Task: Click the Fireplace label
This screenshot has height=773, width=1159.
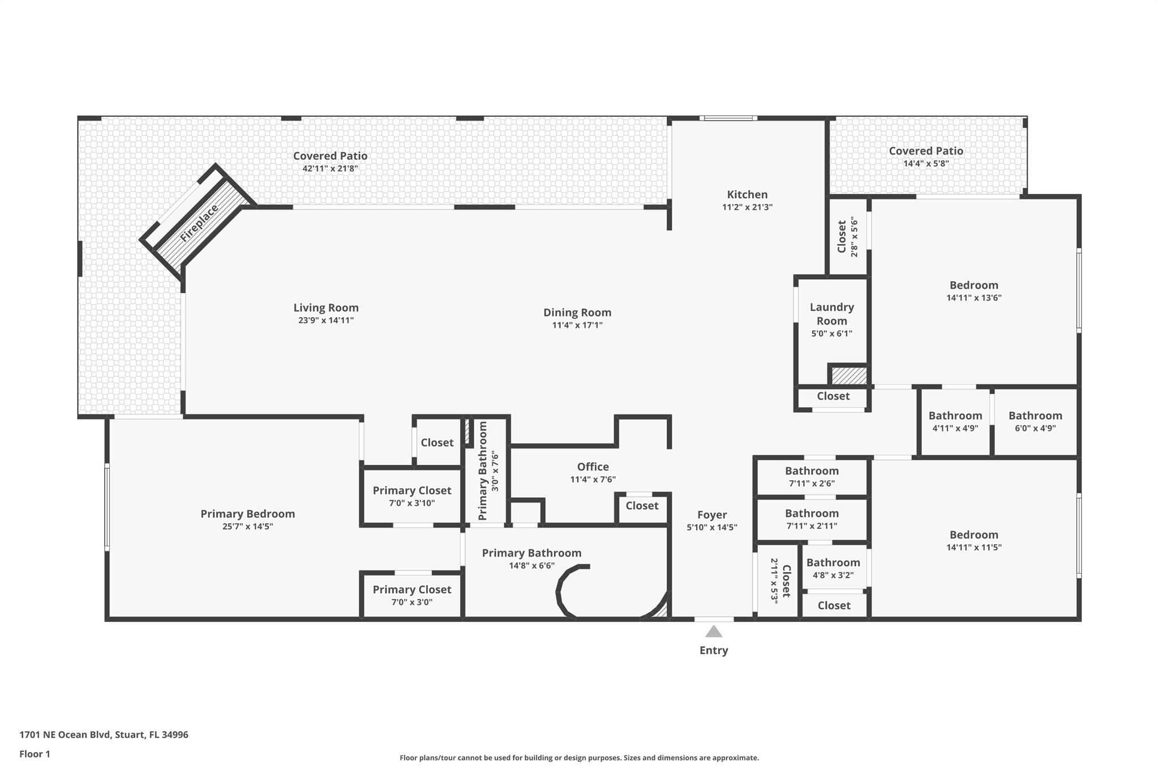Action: pos(199,224)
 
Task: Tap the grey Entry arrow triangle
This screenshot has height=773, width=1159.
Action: pos(714,631)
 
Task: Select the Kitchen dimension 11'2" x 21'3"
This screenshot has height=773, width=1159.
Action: pos(747,207)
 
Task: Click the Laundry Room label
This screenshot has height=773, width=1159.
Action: pos(831,314)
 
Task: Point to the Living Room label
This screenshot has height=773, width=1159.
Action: pos(326,308)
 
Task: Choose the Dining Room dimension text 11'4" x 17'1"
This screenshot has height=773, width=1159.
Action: pos(577,325)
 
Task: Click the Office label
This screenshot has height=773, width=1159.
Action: pos(593,467)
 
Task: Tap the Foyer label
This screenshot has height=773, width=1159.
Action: pos(712,515)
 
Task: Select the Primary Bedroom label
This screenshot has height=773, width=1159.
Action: pos(248,514)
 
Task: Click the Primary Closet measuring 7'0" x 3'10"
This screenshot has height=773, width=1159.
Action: pos(412,490)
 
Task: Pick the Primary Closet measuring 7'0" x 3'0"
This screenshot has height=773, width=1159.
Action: pos(412,590)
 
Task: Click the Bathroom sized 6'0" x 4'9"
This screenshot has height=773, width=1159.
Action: pos(1035,416)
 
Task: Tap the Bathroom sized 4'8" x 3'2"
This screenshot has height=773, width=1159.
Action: pos(833,562)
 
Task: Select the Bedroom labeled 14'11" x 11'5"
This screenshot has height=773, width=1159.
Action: pos(974,535)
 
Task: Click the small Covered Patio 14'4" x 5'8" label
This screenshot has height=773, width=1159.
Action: pos(926,151)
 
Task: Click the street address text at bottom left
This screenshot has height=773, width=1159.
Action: pos(104,734)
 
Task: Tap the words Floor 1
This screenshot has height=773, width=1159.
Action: pos(35,754)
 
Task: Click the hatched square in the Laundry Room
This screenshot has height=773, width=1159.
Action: pos(849,376)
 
